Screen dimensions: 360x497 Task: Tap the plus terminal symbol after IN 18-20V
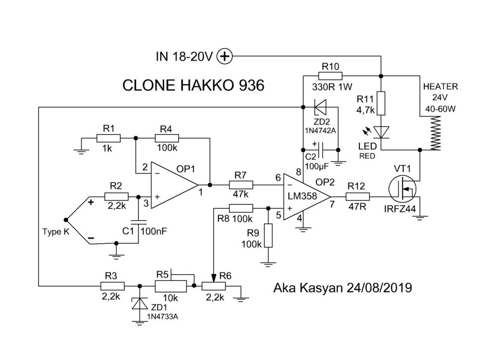226,57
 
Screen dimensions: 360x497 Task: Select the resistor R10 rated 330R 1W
330,76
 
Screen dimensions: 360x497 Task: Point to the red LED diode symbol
381,132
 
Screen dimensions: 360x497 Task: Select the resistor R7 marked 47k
241,185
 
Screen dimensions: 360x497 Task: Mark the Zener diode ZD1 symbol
139,303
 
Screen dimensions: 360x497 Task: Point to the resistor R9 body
268,235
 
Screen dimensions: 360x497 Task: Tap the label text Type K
56,232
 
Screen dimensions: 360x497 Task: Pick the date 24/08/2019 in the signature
379,287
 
